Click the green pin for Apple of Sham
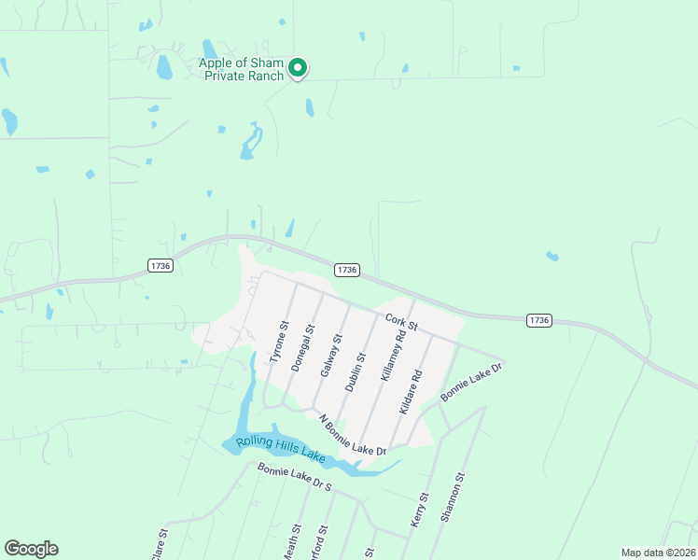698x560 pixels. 298,67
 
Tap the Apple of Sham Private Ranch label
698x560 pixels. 241,70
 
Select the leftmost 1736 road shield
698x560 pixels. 160,266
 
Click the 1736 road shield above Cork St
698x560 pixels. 346,270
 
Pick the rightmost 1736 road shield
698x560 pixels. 538,319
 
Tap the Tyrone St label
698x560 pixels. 276,344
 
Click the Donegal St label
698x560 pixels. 301,349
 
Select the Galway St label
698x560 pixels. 328,356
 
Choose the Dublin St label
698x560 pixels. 352,370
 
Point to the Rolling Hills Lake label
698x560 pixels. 279,450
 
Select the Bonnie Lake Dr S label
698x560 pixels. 294,479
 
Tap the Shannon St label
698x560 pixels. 453,498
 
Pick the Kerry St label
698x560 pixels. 421,511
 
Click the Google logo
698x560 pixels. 31,549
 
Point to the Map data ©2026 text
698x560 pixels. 658,553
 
